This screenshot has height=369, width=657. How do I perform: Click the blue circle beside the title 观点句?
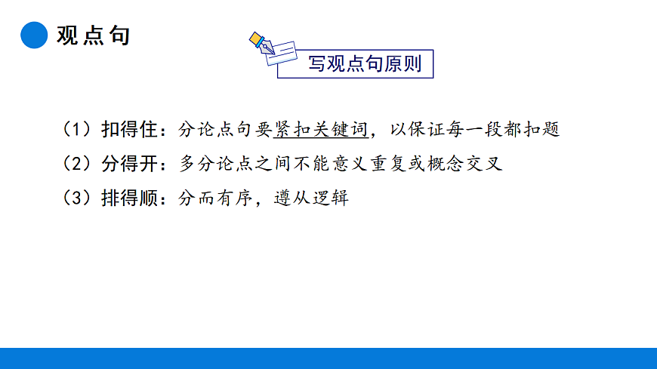(x=34, y=35)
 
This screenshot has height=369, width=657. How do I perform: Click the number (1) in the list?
(x=78, y=129)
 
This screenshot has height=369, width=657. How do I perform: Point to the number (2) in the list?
(x=78, y=164)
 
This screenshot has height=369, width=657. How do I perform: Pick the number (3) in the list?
(x=78, y=198)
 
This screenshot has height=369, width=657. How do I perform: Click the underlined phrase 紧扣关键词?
(x=321, y=129)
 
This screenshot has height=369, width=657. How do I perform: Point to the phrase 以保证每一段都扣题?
(x=474, y=129)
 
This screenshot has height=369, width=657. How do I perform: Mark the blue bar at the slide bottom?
(x=328, y=358)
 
